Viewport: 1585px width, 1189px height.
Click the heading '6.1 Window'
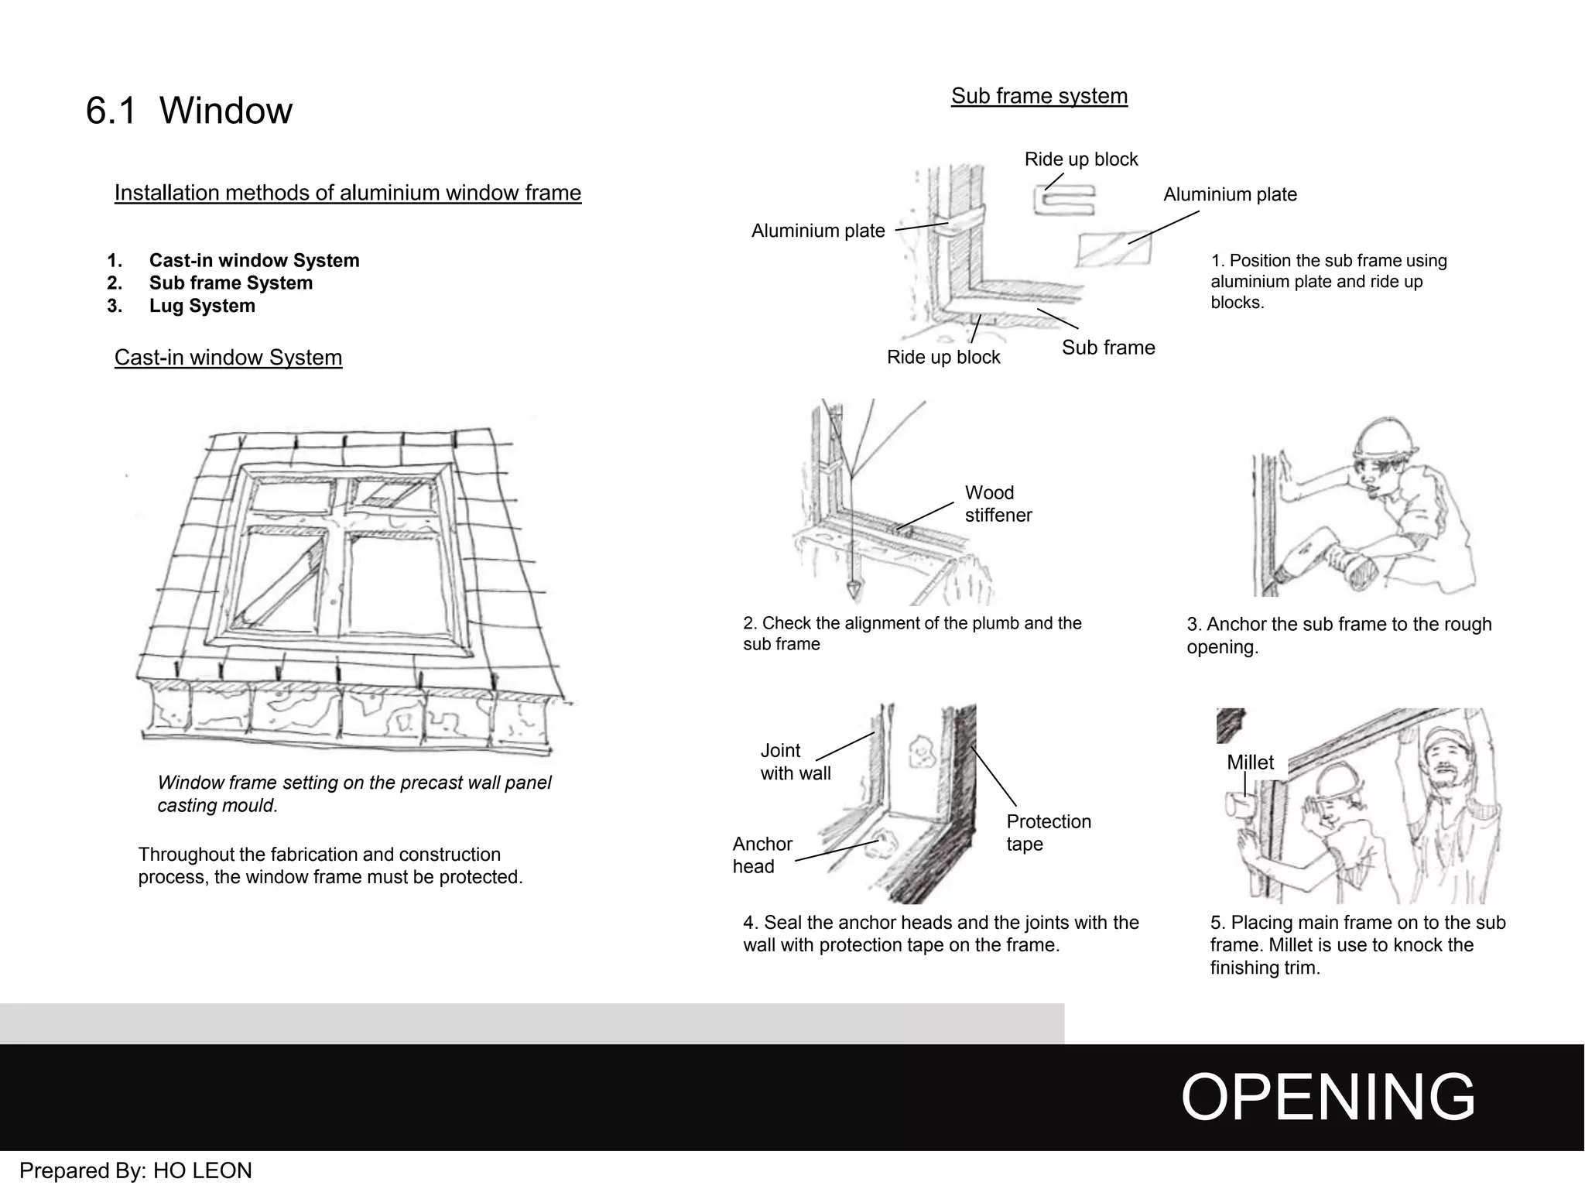coord(189,111)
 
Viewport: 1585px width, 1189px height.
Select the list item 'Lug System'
coord(201,306)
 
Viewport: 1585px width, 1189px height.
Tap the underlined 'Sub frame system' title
coord(1039,96)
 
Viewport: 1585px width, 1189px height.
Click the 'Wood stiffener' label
coord(998,504)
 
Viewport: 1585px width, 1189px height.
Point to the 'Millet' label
coord(1250,762)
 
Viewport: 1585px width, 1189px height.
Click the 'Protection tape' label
coord(1048,833)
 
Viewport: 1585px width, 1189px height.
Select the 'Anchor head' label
coord(762,855)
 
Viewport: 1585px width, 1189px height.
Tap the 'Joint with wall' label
coord(795,762)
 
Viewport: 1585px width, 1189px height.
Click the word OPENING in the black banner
coord(1327,1097)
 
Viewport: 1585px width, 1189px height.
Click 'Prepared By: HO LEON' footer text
coord(135,1170)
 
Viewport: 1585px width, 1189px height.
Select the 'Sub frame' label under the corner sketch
coord(1107,348)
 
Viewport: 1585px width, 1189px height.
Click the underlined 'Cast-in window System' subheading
coord(228,358)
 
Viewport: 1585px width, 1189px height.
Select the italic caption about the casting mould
coord(354,794)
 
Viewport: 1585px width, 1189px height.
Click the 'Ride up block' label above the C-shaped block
coord(1080,159)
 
